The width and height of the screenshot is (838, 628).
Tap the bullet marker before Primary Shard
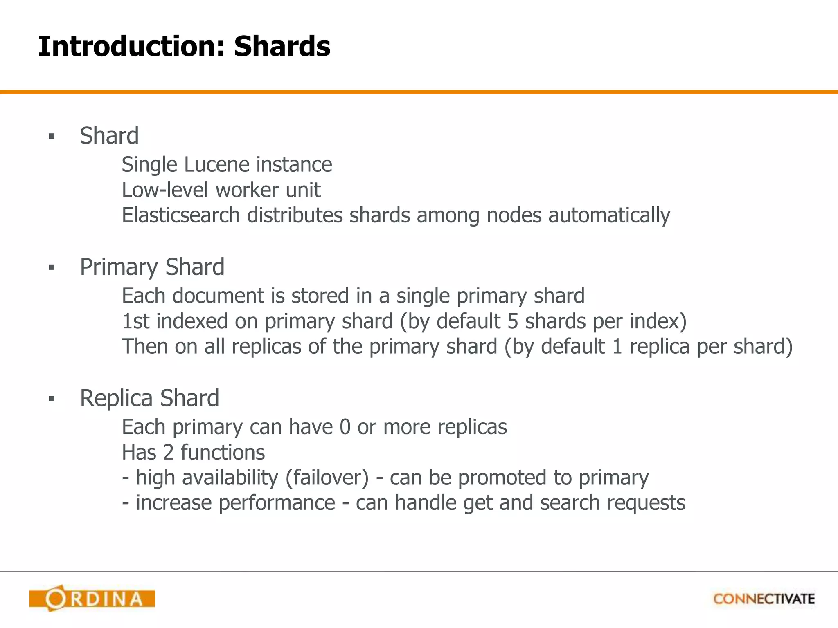51,268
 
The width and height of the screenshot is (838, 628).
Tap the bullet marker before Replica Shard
51,399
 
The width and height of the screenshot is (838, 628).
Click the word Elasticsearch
180,215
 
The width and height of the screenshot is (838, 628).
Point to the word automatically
609,216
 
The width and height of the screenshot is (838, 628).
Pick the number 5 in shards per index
513,321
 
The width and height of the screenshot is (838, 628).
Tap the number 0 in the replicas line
345,427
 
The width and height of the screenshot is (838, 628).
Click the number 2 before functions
169,453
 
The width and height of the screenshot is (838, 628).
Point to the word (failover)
327,478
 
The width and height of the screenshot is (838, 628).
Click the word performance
277,503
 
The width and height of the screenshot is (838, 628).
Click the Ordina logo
92,599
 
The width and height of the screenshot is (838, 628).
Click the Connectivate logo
764,599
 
